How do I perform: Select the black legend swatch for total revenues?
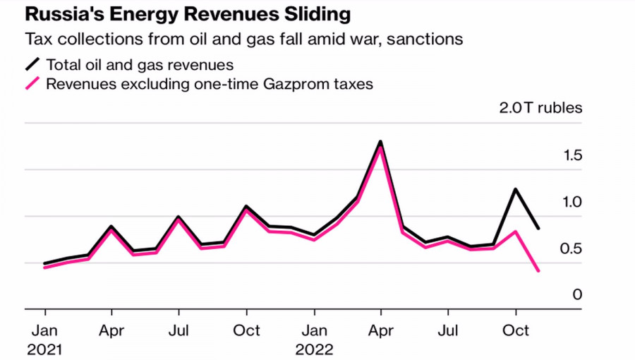pyautogui.click(x=33, y=65)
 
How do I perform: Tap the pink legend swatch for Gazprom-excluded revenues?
pyautogui.click(x=33, y=84)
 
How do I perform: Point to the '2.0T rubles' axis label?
pyautogui.click(x=540, y=108)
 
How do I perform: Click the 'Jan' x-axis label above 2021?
pyautogui.click(x=45, y=330)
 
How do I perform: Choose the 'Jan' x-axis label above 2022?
pyautogui.click(x=314, y=330)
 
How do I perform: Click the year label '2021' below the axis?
pyautogui.click(x=45, y=349)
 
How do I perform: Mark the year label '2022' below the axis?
pyautogui.click(x=314, y=349)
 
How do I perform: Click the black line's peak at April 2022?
pyautogui.click(x=380, y=143)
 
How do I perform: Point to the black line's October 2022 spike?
pyautogui.click(x=516, y=190)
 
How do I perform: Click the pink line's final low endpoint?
pyautogui.click(x=539, y=270)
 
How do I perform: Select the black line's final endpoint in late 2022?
pyautogui.click(x=539, y=228)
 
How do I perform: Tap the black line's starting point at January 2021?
pyautogui.click(x=45, y=263)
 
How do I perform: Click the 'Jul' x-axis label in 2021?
pyautogui.click(x=179, y=330)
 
